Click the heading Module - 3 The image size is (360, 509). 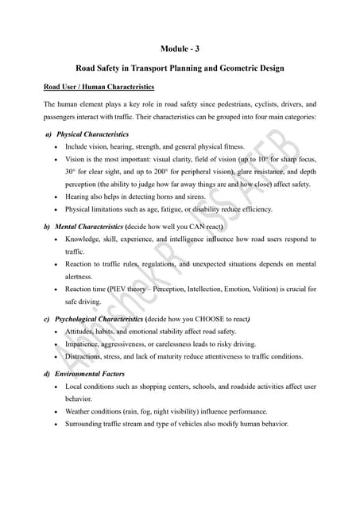coord(180,49)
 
